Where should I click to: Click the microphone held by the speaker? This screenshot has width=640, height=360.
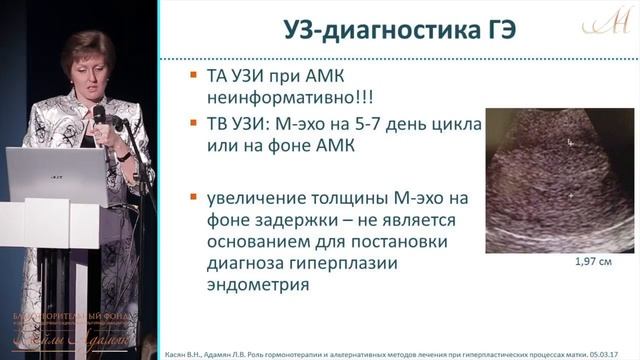(x=99, y=118)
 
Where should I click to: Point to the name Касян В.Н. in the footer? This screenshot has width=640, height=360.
(x=184, y=352)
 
